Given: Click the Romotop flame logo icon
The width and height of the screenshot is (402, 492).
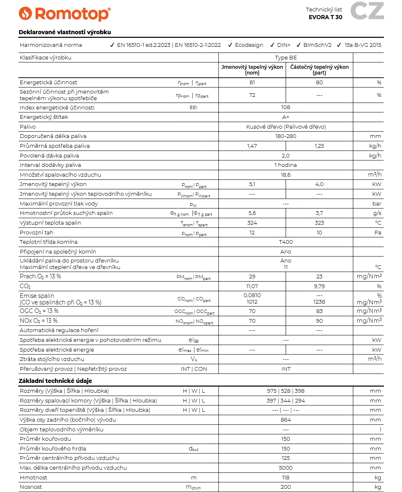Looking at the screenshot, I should coord(25,13).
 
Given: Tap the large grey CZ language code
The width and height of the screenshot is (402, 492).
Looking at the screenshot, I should coord(367,11).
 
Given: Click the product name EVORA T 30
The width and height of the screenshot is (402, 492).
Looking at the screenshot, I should coord(325,17).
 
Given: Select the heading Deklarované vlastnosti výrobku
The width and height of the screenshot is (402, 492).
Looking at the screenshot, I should coord(65,32).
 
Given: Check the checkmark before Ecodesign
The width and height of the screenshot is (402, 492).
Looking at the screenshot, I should coord(230,45).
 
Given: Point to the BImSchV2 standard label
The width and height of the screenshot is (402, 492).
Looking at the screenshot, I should coord(317,45).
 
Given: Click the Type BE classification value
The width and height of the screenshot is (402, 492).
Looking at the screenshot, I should coord(286,57).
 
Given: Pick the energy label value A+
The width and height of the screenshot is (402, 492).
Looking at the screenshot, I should coord(286,117).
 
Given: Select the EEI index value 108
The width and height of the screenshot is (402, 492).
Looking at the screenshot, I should coord(286,107).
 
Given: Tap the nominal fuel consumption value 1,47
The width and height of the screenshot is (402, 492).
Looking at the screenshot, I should coord(252,146).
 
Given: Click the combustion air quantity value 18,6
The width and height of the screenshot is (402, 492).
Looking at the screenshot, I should coord(286,175).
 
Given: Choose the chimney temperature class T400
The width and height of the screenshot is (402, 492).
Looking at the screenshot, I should coord(286,242).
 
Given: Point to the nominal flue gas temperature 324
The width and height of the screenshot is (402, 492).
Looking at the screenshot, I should coord(252,223).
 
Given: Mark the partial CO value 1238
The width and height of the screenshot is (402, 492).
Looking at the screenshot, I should coord(319,302).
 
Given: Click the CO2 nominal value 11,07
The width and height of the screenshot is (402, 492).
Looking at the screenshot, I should coord(252,286).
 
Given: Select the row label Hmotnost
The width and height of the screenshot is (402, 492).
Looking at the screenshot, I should coord(33,477).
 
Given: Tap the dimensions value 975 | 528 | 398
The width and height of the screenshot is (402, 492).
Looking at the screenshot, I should coord(286,391).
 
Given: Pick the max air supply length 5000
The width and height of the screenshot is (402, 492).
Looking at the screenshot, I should coord(286,468).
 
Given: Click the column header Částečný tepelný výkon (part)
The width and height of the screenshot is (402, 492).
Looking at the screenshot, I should coord(319,70).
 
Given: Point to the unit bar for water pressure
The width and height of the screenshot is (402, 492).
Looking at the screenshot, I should coord(377,203).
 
